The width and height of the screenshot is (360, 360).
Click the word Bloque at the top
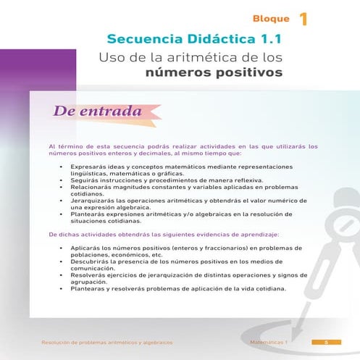(271, 18)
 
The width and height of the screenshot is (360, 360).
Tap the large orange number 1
(303, 18)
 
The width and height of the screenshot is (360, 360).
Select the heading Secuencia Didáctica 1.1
(194, 38)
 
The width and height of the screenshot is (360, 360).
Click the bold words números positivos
(214, 72)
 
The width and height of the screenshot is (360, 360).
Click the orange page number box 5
(327, 342)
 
